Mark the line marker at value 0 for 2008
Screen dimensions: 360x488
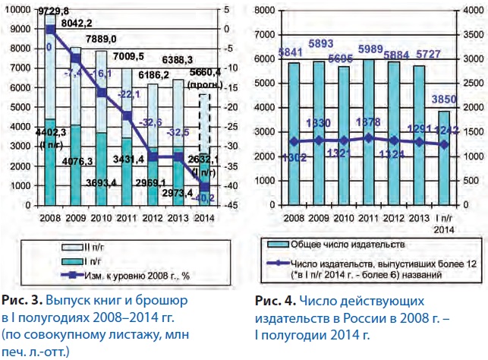pos(50,30)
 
